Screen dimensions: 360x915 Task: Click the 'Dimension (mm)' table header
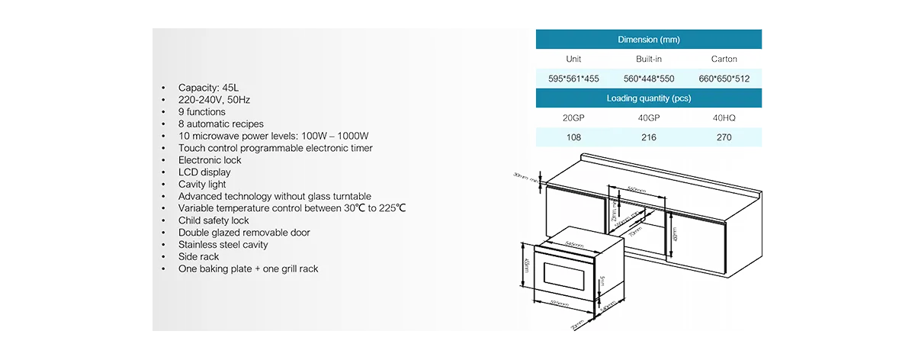pyautogui.click(x=648, y=40)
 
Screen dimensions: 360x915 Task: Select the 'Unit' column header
pyautogui.click(x=573, y=59)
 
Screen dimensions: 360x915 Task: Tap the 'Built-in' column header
pyautogui.click(x=648, y=59)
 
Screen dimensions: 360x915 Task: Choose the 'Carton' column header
pyautogui.click(x=724, y=59)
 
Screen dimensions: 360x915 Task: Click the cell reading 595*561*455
pyautogui.click(x=573, y=79)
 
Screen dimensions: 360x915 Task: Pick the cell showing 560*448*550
pyautogui.click(x=648, y=79)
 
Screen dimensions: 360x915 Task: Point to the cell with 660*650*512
pyautogui.click(x=724, y=79)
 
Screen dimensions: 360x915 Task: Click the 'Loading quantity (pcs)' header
pyautogui.click(x=648, y=98)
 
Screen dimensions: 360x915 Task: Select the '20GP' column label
pyautogui.click(x=573, y=118)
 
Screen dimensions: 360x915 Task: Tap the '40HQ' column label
pyautogui.click(x=724, y=118)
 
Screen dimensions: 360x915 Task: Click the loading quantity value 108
pyautogui.click(x=573, y=138)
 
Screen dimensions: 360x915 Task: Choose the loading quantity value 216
pyautogui.click(x=648, y=138)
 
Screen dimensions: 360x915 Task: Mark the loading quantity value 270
pyautogui.click(x=724, y=138)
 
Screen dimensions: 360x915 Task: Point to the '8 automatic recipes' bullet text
pyautogui.click(x=221, y=124)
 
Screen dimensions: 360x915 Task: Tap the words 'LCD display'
pyautogui.click(x=204, y=172)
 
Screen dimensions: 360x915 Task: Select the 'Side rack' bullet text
pyautogui.click(x=198, y=257)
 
